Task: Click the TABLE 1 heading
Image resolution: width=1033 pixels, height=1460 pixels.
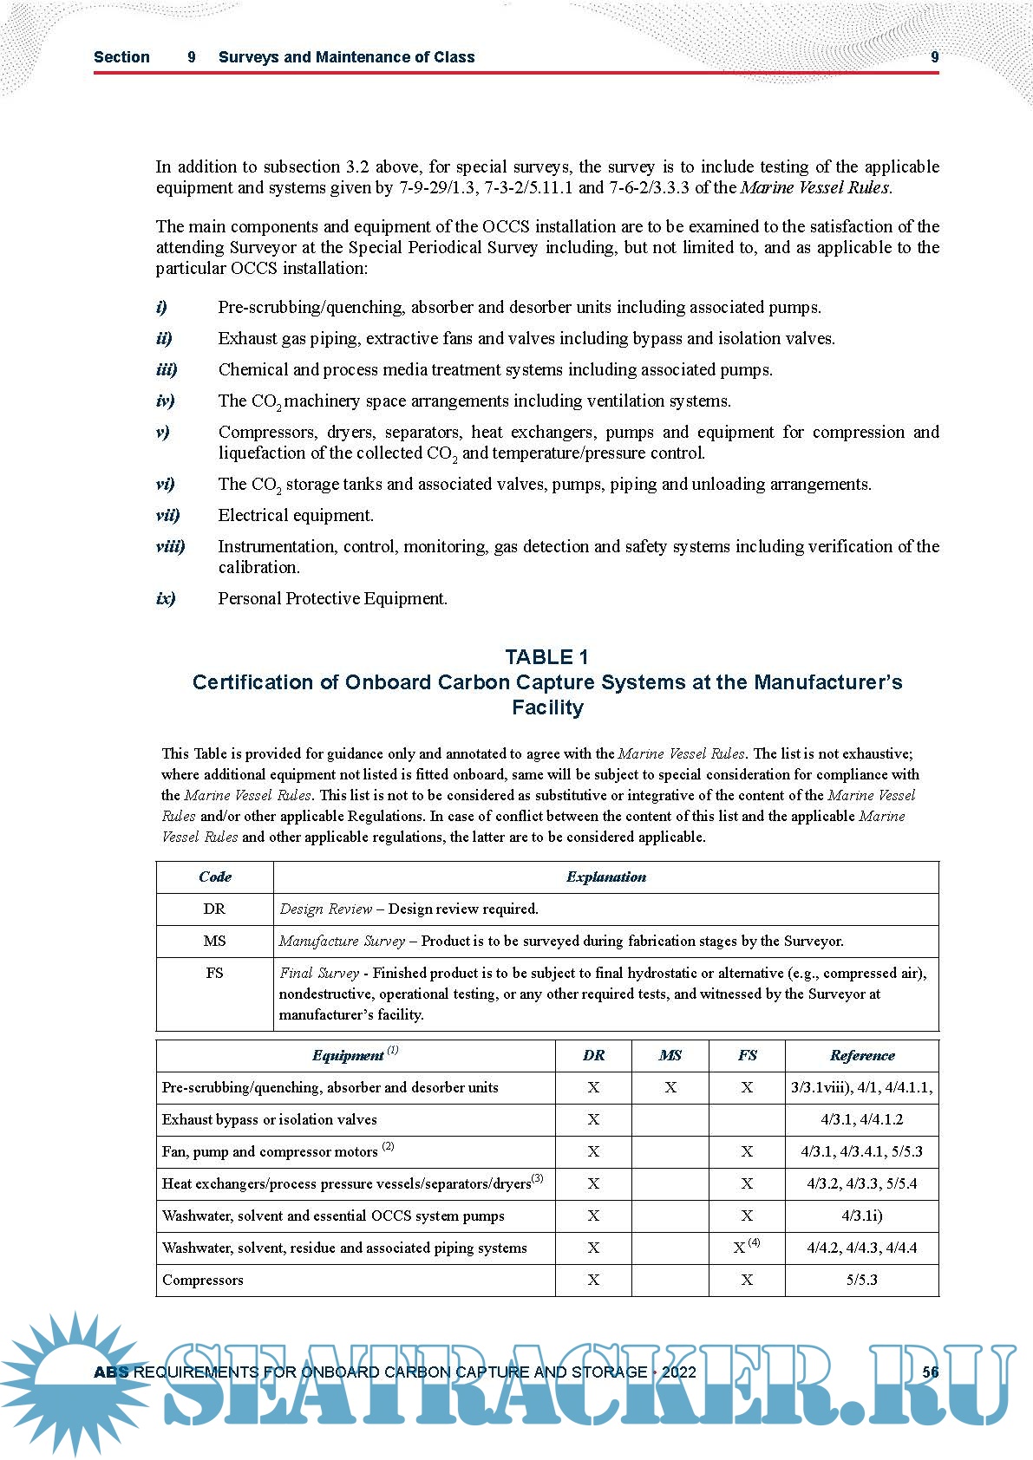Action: pos(546,656)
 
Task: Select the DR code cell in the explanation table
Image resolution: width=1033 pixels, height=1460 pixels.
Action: pos(214,909)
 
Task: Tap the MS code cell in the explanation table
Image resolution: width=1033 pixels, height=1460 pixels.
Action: pos(214,941)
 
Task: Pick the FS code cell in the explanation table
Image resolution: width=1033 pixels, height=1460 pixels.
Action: pos(214,973)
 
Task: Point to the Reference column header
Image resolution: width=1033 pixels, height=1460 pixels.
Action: pos(861,1055)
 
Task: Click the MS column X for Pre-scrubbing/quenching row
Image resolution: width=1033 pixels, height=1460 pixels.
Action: pos(670,1087)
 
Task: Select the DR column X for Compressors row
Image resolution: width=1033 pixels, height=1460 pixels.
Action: pos(593,1280)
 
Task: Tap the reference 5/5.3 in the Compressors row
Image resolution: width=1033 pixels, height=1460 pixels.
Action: pos(861,1280)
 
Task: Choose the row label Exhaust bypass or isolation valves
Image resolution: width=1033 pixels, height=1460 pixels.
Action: pos(269,1119)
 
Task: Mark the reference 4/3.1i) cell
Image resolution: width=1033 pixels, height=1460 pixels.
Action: pos(861,1216)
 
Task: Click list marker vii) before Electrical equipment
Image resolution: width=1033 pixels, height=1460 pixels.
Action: pos(167,515)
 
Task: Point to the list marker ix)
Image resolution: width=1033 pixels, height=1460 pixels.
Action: pos(166,598)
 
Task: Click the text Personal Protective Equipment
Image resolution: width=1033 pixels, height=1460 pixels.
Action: pos(332,598)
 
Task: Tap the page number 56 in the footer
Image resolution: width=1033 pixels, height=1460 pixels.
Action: pos(930,1372)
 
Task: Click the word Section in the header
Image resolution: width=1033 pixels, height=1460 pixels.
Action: pos(121,57)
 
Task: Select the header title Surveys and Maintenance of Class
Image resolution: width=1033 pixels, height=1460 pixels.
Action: pos(346,57)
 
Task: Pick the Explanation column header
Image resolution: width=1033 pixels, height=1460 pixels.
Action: pos(605,877)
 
